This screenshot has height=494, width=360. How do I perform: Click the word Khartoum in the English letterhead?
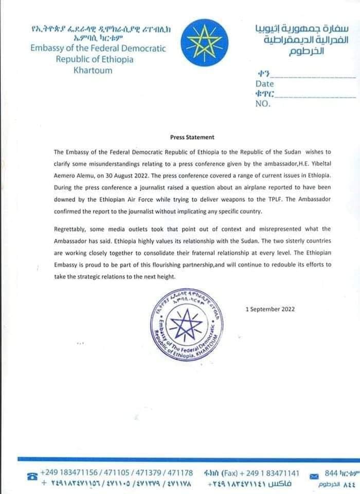[93, 70]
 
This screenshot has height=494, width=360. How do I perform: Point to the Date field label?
[264, 84]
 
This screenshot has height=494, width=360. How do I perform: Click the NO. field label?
[263, 103]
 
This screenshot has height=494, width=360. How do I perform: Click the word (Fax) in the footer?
[230, 472]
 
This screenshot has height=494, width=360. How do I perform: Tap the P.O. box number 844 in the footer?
[331, 472]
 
